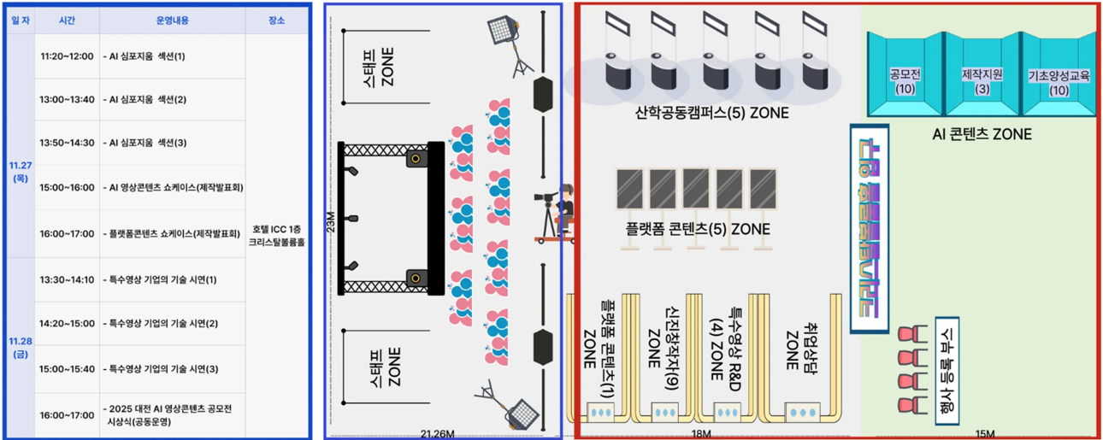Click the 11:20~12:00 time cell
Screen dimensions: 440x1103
pyautogui.click(x=67, y=56)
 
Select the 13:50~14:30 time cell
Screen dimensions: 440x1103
pyautogui.click(x=67, y=143)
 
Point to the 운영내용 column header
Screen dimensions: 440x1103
pyautogui.click(x=171, y=20)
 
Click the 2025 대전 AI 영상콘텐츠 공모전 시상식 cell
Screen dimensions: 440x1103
pyautogui.click(x=171, y=415)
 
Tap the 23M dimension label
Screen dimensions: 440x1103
pyautogui.click(x=332, y=224)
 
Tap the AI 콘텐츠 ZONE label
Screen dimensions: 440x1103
pyautogui.click(x=982, y=135)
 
